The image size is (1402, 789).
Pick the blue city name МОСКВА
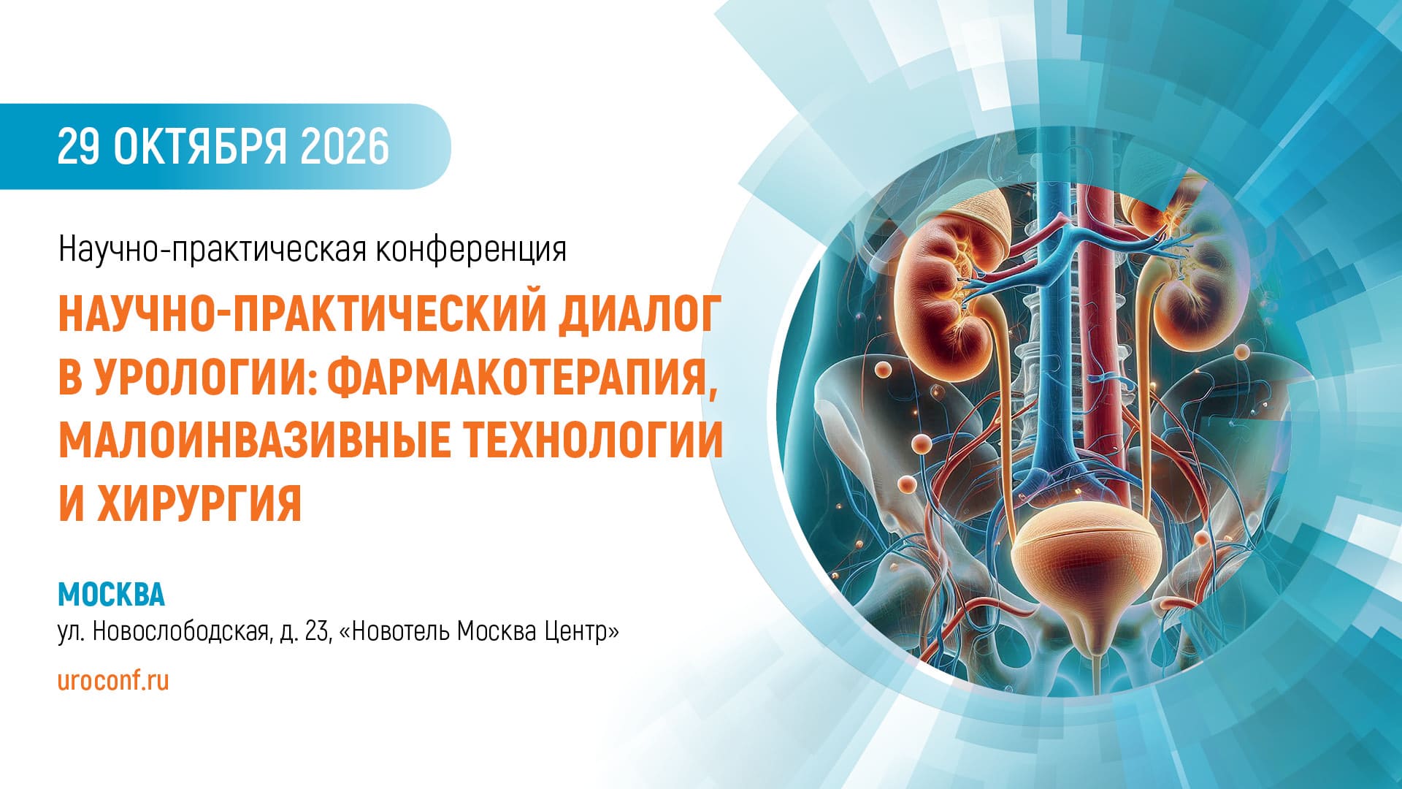(x=112, y=594)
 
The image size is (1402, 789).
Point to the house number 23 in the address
(x=319, y=630)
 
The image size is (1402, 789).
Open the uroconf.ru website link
(x=113, y=680)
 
